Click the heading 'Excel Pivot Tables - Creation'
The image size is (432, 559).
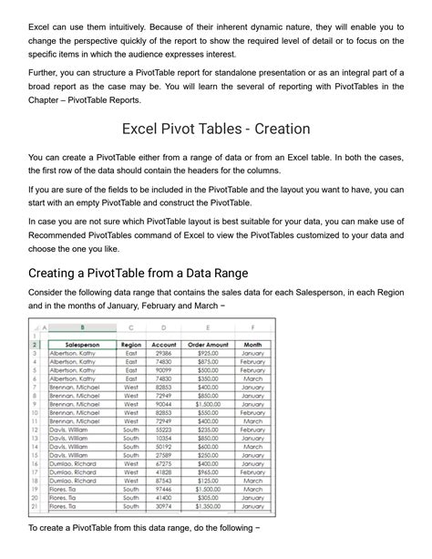[216, 129]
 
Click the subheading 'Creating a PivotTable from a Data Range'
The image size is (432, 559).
[139, 273]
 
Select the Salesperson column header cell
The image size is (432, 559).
[84, 345]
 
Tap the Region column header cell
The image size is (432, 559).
[131, 345]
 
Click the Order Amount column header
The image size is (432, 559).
[208, 345]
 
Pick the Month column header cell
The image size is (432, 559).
[252, 345]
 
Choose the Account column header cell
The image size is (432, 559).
[163, 345]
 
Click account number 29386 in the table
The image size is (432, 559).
[163, 354]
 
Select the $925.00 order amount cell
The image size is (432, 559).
[208, 354]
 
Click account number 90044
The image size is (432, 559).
[163, 404]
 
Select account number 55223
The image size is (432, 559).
[163, 429]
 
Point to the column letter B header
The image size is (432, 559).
[84, 327]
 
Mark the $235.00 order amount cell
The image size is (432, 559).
[208, 429]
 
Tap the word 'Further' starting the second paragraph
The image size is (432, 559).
[43, 70]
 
